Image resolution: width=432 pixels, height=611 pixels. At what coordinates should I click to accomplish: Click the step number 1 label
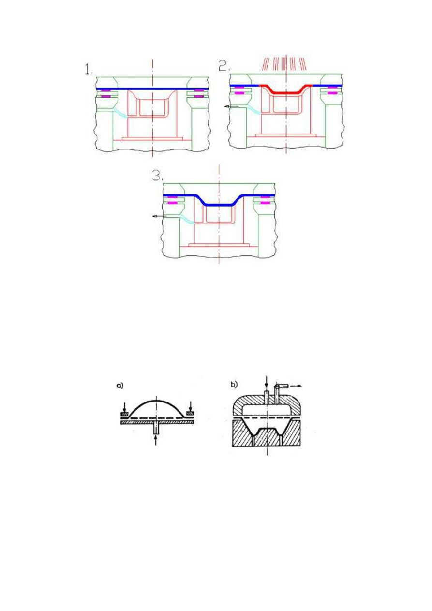click(89, 70)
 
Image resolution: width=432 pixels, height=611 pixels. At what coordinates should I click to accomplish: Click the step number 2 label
click(224, 66)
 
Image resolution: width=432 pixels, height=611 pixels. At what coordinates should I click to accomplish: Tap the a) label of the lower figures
click(120, 386)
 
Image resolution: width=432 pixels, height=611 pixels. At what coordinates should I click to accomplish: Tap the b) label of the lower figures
click(234, 385)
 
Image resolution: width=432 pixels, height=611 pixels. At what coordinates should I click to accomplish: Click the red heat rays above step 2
click(285, 64)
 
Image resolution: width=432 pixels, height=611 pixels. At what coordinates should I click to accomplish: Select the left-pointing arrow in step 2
click(232, 106)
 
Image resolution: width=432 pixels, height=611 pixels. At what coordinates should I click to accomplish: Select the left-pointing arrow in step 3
click(159, 216)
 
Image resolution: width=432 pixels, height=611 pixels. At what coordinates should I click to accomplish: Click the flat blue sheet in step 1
click(152, 89)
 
